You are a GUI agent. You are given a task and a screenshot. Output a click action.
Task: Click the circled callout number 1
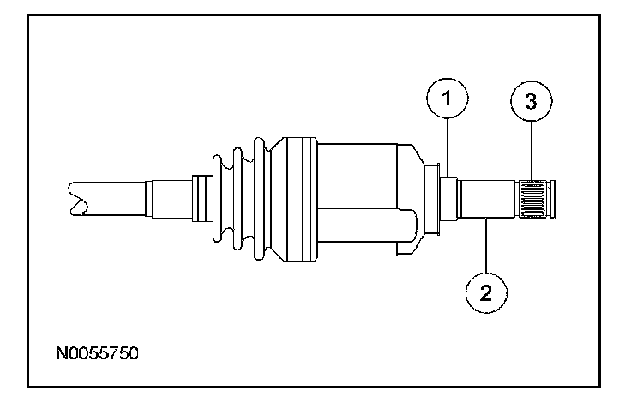[x=447, y=99]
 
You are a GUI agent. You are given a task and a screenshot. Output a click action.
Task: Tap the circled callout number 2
[x=486, y=292]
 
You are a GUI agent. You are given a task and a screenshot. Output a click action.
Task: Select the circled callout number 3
[x=532, y=101]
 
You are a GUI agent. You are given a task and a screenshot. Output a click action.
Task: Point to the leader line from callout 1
[x=448, y=147]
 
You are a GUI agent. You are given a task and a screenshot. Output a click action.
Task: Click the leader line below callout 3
[x=532, y=151]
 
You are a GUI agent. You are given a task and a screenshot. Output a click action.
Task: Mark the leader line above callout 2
[x=486, y=245]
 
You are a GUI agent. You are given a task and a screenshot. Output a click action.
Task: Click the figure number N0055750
[x=97, y=353]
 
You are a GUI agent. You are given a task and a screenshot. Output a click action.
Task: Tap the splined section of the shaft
[x=532, y=199]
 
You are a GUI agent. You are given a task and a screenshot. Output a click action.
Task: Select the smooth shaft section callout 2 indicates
[x=487, y=199]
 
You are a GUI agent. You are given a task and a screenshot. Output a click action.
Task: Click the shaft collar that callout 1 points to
[x=448, y=199]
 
